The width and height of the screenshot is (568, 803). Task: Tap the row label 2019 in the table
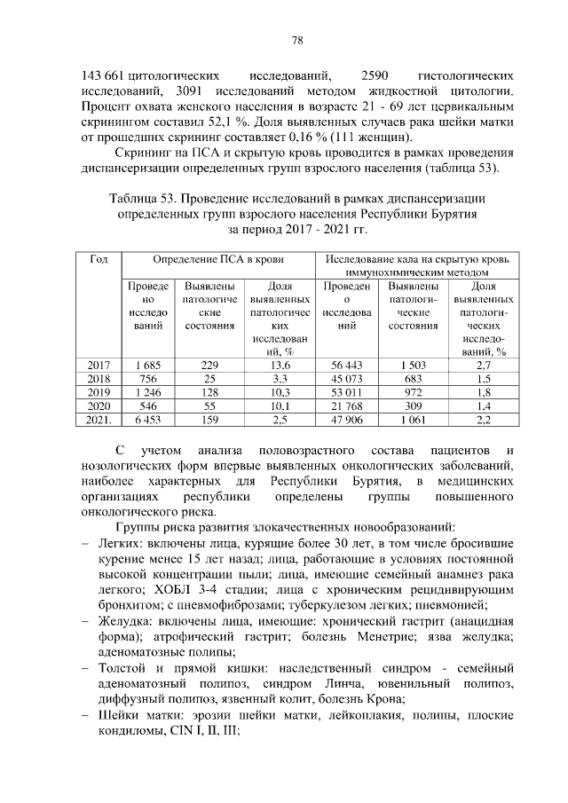tap(99, 392)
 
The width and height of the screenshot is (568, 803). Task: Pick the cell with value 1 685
tap(146, 365)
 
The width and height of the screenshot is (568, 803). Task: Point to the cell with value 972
tap(414, 392)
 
